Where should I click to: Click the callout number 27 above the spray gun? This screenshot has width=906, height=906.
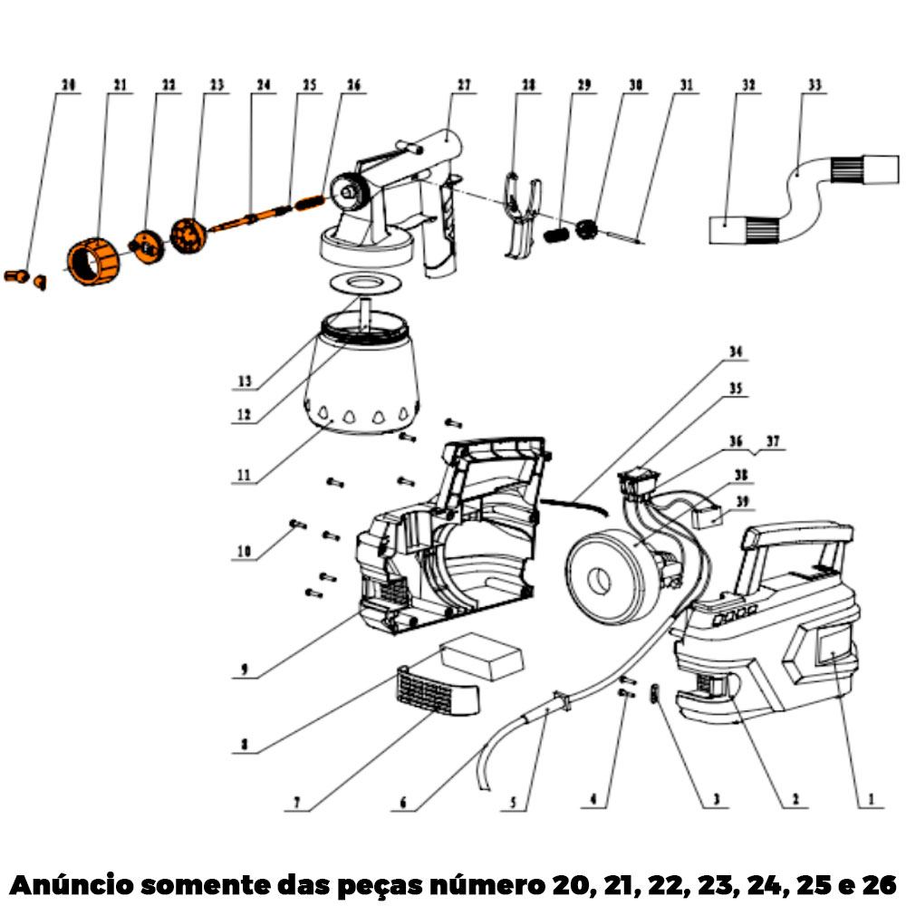coord(464,86)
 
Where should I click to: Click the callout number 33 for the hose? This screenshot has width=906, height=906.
coord(814,86)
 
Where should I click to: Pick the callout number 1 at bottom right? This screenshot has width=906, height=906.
coord(871,800)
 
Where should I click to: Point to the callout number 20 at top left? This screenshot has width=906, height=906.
coord(68,86)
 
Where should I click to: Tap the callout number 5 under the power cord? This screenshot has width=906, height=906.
coord(513,801)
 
